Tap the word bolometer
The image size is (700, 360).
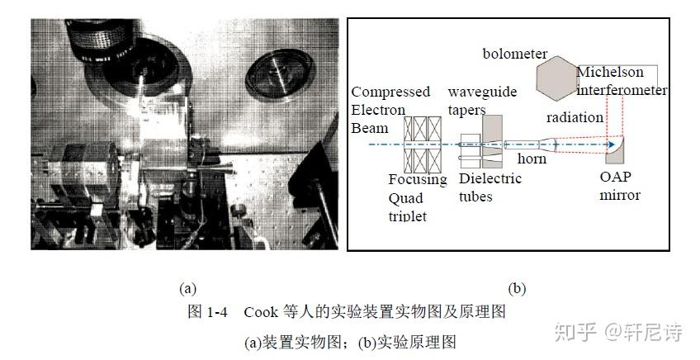coord(515,54)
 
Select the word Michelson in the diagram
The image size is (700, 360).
coord(610,72)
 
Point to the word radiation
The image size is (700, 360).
coord(575,117)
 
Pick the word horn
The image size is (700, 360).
coord(532,158)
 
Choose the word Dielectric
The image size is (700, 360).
coord(490,178)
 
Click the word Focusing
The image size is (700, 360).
coord(418,179)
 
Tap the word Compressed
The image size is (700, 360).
coord(391,92)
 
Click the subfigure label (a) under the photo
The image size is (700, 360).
coord(187,288)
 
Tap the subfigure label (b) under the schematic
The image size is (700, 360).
coord(517,288)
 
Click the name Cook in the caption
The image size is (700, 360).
coord(261,312)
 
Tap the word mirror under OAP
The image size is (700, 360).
coord(621,196)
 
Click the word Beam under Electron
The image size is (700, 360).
coord(369,128)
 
